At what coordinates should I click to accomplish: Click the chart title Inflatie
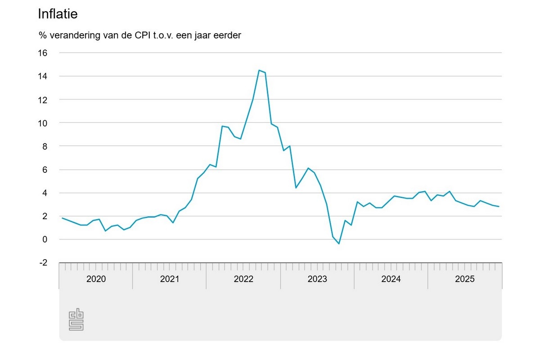click(x=58, y=14)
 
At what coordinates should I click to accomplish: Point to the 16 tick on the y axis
click(x=42, y=53)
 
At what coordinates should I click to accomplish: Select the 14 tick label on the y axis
click(x=42, y=76)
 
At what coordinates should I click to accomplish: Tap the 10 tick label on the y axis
click(x=42, y=123)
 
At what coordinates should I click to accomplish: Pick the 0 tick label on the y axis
click(x=45, y=239)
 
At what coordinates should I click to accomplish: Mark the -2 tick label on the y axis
click(x=43, y=263)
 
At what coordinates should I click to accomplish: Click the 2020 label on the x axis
click(x=96, y=279)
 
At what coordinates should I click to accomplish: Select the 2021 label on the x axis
click(x=170, y=279)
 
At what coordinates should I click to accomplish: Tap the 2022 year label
click(x=243, y=279)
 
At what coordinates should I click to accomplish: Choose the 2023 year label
click(x=317, y=279)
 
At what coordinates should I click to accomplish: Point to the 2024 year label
click(x=391, y=279)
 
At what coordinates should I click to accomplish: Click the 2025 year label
click(x=465, y=279)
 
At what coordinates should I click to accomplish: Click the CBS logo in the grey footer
click(x=76, y=319)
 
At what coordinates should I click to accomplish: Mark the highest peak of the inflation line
click(x=259, y=70)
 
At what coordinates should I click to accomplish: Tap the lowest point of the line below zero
click(x=339, y=243)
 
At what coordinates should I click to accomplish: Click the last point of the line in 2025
click(x=499, y=207)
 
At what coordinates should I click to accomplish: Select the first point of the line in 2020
click(x=63, y=218)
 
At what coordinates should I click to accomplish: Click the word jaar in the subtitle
click(x=207, y=35)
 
